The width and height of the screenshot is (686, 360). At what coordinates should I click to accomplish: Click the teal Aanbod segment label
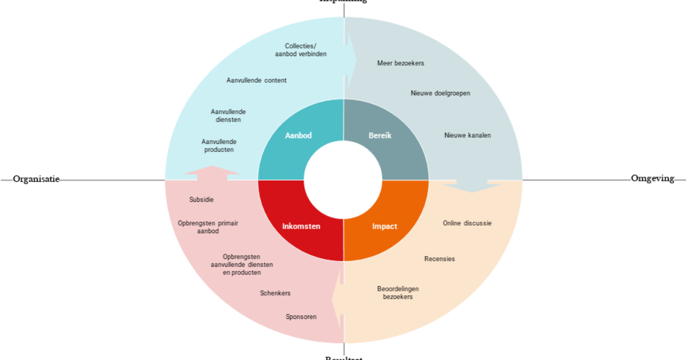tap(298, 135)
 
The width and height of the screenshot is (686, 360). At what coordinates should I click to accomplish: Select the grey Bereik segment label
tap(380, 135)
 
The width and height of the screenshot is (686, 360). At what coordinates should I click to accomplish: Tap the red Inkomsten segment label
tap(301, 226)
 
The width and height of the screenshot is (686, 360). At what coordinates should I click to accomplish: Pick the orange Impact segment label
tap(384, 226)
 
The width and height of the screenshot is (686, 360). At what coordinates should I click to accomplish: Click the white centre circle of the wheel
tap(343, 181)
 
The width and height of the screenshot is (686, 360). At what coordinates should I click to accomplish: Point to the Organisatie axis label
tap(36, 179)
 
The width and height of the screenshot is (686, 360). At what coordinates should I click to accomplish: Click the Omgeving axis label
tap(652, 179)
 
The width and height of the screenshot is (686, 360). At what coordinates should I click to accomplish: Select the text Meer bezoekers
tap(400, 63)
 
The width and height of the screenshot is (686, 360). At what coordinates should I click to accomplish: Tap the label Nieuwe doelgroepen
tap(440, 93)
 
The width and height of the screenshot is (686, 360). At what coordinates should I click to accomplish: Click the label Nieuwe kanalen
tap(467, 135)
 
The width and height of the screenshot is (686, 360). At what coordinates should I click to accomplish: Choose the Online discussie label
tap(466, 223)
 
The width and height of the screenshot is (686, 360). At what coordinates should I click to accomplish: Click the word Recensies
tap(439, 259)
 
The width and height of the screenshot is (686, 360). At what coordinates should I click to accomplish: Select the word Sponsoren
tap(301, 317)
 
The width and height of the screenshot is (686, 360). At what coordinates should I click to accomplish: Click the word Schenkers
tap(275, 293)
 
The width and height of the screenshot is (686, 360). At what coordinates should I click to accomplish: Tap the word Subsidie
tap(201, 200)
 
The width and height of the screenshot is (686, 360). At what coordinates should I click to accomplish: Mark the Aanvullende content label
tap(256, 81)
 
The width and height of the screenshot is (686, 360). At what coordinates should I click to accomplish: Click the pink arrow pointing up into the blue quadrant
tap(212, 173)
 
